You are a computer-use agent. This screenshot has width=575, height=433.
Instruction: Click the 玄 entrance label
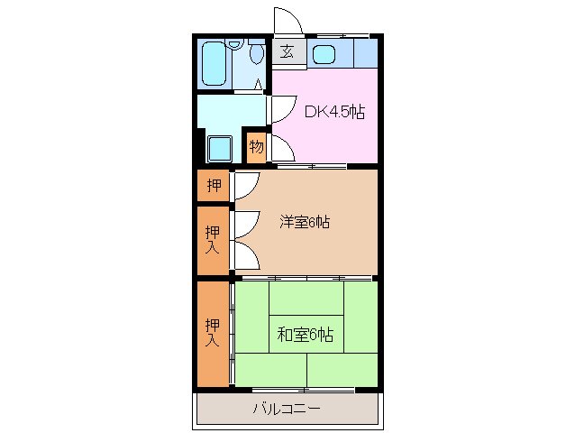point(287,51)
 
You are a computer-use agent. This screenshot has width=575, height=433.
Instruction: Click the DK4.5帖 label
point(333,113)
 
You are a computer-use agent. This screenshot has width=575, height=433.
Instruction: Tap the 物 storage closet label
point(257,147)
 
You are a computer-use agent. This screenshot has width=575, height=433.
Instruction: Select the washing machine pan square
point(219,147)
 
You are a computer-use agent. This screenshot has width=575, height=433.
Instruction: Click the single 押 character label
point(214,186)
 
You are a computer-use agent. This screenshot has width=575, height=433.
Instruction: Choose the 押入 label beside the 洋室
point(213,239)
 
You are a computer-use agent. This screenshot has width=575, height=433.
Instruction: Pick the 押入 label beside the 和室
point(213,332)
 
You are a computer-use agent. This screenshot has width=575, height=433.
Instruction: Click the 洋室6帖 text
point(304,221)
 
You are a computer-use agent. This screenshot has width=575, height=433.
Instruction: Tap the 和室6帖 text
point(305,335)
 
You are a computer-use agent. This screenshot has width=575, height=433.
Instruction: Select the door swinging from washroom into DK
point(278,107)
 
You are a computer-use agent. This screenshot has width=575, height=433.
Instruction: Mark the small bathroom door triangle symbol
point(259,85)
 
